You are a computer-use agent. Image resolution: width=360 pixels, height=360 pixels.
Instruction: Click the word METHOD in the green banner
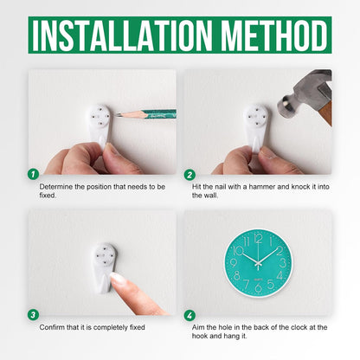pos(274,35)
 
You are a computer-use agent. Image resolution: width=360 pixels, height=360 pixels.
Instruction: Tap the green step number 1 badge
pos(34,174)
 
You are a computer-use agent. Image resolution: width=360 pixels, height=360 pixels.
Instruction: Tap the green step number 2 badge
pos(190,175)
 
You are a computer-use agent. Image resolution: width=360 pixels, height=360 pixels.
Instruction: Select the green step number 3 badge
pos(34,315)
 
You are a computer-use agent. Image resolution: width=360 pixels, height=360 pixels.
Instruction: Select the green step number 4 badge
pos(190,315)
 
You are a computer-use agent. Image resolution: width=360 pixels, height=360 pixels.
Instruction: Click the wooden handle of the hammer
pos(325,112)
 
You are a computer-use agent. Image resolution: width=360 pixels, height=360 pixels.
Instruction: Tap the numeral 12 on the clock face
pos(258,239)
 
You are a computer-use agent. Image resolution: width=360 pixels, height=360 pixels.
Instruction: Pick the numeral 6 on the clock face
pos(259,287)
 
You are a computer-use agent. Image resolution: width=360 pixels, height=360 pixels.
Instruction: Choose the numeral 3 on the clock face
pos(283,263)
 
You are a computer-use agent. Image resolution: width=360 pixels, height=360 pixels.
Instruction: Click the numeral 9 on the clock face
pos(234,263)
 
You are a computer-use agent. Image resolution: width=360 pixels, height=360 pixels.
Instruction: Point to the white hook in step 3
pos(105,267)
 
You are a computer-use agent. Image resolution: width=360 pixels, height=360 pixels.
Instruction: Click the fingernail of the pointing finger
pos(118,278)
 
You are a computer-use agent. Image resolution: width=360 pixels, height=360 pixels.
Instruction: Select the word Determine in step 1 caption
pos(56,187)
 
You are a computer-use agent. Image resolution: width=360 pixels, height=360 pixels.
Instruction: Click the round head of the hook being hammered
pos(257,116)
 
